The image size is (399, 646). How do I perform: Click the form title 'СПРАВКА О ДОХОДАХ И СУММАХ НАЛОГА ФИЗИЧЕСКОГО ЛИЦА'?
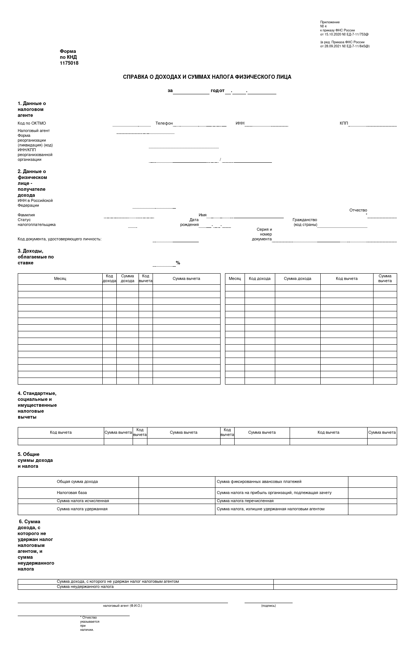[x=207, y=77]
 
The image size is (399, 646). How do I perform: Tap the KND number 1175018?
[x=69, y=63]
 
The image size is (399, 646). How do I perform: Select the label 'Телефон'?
[x=164, y=123]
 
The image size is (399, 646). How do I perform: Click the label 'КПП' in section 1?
[x=344, y=123]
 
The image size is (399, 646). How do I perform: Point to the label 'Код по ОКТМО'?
[x=32, y=123]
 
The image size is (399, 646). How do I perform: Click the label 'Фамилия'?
[x=26, y=215]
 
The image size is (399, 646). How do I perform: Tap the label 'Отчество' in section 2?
[x=358, y=210]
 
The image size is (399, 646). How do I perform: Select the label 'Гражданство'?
[x=305, y=220]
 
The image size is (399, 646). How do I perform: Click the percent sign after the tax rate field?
[x=178, y=263]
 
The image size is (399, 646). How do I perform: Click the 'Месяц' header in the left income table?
[x=60, y=278]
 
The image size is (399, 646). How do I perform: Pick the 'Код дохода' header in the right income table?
[x=259, y=278]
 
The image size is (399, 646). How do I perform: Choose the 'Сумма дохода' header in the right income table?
[x=297, y=278]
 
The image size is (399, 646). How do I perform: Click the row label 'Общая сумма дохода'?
[x=77, y=481]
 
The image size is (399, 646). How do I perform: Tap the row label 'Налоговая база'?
[x=72, y=493]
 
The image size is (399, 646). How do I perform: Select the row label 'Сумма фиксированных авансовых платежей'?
[x=259, y=481]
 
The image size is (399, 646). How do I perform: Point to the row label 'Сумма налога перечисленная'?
[x=245, y=501]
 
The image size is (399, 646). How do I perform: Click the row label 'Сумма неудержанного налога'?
[x=85, y=586]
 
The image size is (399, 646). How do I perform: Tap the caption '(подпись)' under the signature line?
[x=268, y=606]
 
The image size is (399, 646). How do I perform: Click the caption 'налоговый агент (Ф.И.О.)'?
[x=122, y=606]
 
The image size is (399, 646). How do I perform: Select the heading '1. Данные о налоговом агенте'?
[x=32, y=109]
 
